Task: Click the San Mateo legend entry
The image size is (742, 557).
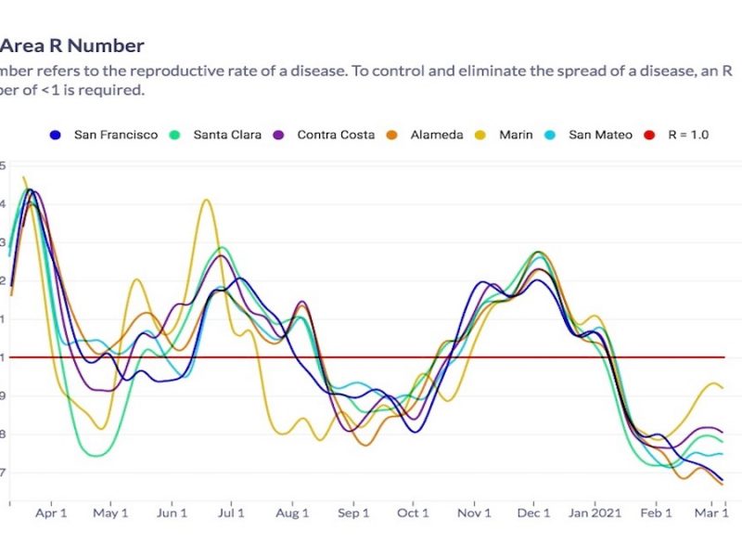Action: (x=591, y=135)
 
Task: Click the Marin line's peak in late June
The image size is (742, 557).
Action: (x=206, y=200)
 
